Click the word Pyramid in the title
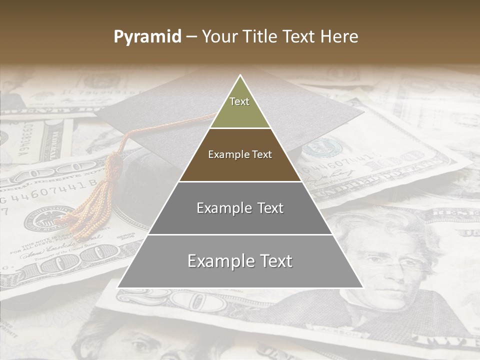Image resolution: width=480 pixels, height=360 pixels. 147,37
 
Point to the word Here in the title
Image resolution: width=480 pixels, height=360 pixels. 340,37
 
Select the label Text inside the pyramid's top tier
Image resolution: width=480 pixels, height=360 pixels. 239,101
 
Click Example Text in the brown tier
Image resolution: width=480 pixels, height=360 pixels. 240,154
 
